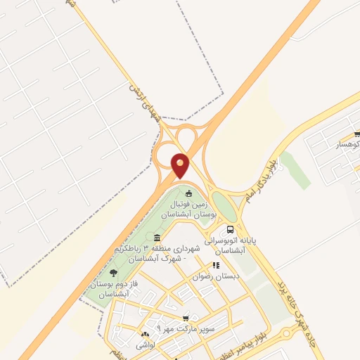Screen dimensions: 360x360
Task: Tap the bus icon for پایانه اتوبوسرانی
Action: tap(230, 229)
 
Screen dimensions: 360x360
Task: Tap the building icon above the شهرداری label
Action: tap(156, 238)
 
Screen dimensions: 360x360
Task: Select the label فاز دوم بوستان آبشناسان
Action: tap(108, 288)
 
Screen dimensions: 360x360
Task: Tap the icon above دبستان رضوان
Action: tap(216, 266)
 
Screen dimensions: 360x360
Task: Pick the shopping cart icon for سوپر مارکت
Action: tap(186, 319)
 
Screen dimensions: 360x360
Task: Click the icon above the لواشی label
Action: tap(145, 335)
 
